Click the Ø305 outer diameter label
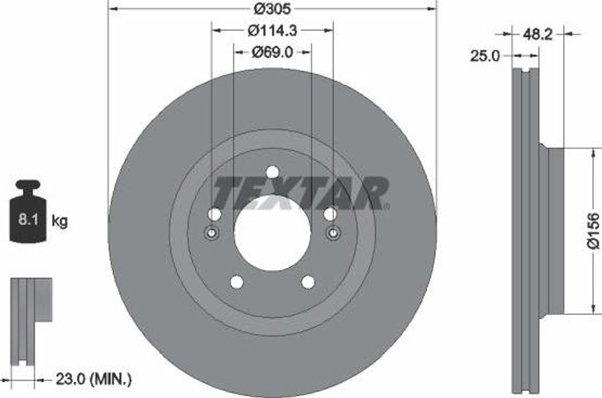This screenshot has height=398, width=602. (x=273, y=8)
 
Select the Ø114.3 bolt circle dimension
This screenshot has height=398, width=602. (x=273, y=31)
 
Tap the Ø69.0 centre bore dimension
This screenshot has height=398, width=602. (x=273, y=52)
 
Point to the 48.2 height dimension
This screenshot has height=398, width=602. (x=537, y=35)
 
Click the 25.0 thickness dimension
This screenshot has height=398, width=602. (x=486, y=56)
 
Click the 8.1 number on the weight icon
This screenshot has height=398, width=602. (x=28, y=220)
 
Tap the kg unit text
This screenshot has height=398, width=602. (x=59, y=221)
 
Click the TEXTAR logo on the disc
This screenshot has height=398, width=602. (x=302, y=194)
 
